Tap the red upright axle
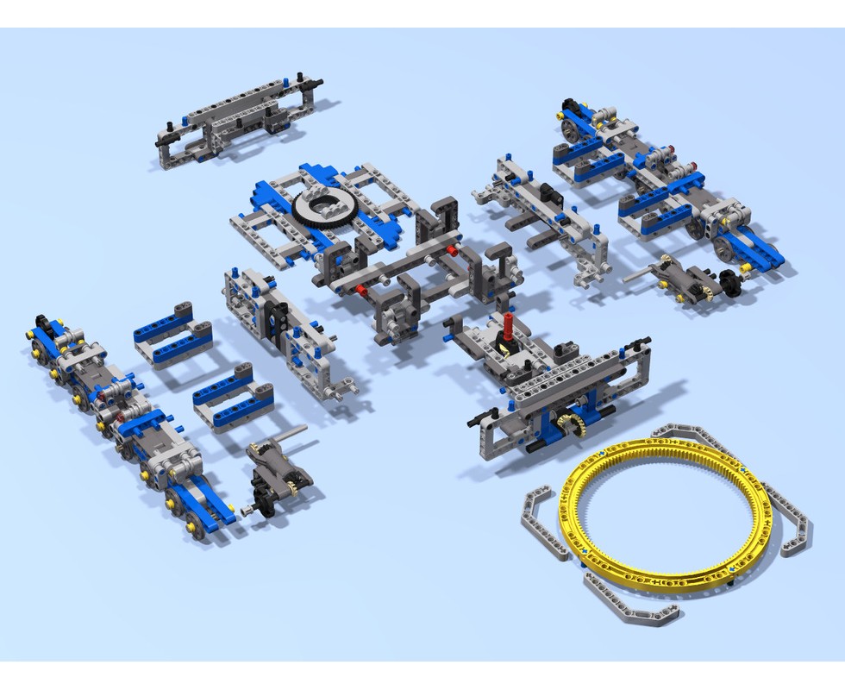click(x=508, y=328)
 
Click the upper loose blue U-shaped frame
click(x=173, y=336)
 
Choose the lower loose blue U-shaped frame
click(x=232, y=400)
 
